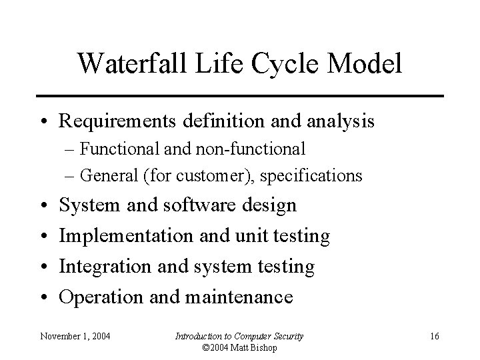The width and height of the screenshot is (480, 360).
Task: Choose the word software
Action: click(x=197, y=205)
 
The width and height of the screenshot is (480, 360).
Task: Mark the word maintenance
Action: click(x=237, y=297)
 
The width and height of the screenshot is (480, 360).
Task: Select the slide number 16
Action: click(x=434, y=336)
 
